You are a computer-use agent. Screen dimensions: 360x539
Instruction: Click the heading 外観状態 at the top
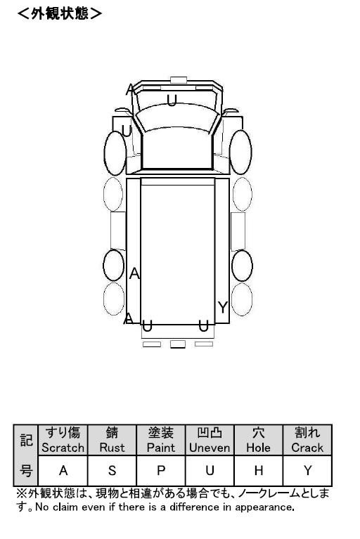coord(60,13)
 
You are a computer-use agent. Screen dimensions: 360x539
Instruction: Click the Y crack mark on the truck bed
coord(223,307)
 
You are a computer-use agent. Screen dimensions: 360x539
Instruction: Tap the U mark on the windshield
coord(172,100)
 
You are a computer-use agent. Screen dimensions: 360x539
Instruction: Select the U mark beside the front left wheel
coord(127,131)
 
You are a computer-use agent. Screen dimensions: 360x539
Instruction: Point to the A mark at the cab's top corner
coord(129,89)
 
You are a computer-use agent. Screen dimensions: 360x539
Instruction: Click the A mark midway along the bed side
coord(134,273)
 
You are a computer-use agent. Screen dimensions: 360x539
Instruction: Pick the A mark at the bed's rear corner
coord(128,318)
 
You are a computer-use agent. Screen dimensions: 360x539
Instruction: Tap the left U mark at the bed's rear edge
coord(147,326)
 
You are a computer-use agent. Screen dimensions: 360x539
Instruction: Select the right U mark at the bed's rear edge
coord(203,326)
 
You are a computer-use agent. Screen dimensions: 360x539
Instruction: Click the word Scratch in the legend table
coord(63,448)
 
